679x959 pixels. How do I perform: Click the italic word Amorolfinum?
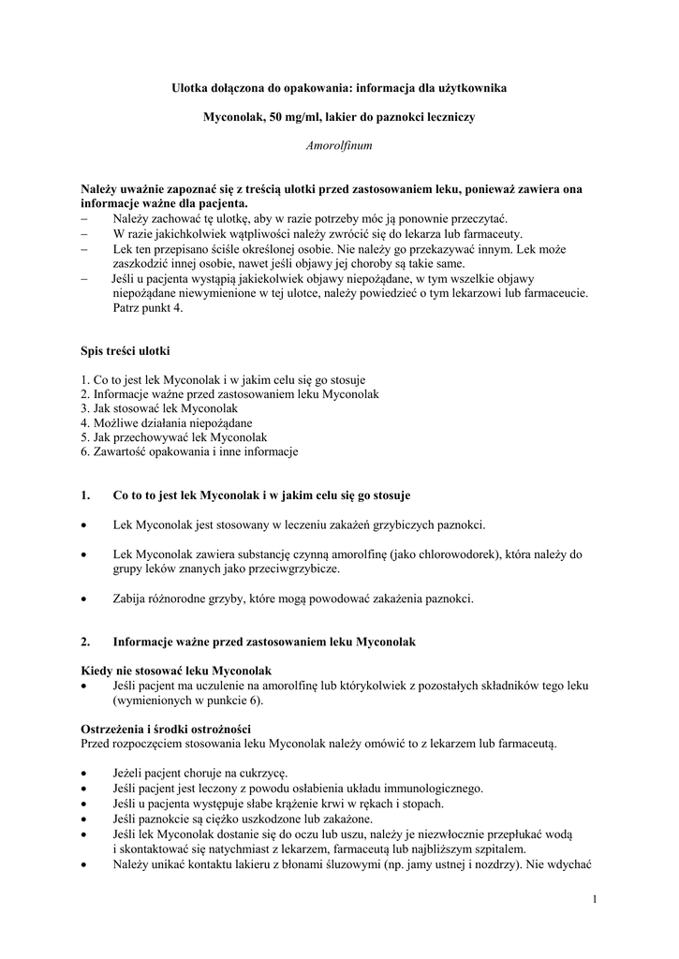(339, 146)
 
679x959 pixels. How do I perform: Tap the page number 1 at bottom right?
(594, 900)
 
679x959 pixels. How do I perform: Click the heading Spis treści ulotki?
(125, 351)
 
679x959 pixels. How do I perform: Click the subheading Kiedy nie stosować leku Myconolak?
(175, 671)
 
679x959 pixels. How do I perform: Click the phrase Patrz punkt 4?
(148, 307)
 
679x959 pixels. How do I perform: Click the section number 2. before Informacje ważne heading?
(86, 642)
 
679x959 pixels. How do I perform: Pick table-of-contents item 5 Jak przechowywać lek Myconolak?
(174, 437)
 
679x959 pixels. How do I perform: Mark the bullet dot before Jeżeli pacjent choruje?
(85, 775)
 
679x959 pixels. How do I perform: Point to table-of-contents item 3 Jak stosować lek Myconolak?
(159, 409)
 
